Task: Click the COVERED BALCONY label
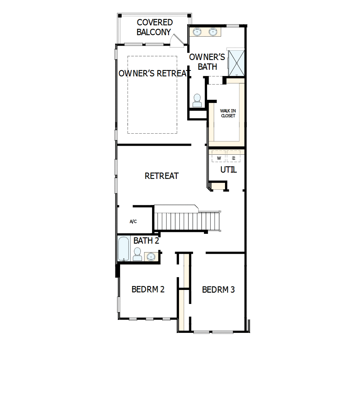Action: click(x=154, y=27)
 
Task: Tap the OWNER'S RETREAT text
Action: click(x=153, y=73)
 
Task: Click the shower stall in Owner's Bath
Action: click(x=236, y=62)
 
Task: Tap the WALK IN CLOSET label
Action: click(x=228, y=113)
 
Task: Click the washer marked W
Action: click(x=219, y=158)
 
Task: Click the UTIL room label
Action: click(x=228, y=170)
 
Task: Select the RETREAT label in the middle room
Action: click(x=161, y=176)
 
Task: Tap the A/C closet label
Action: click(x=133, y=221)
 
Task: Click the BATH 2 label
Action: click(x=146, y=241)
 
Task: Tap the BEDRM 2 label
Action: click(x=148, y=290)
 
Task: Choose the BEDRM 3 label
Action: click(x=218, y=290)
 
